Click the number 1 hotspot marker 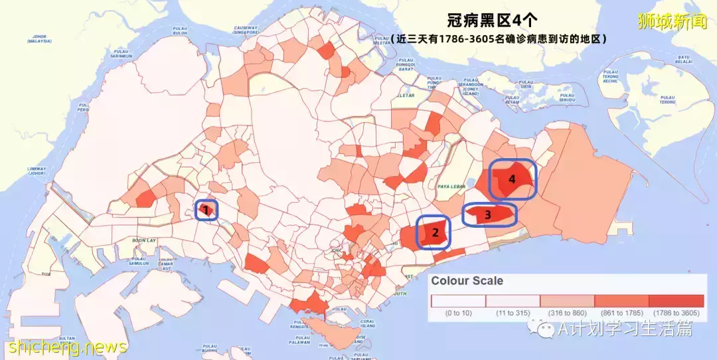(x=206, y=211)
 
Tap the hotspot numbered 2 (x=434, y=232)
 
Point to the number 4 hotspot (x=512, y=179)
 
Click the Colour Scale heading (x=467, y=281)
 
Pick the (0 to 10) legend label (x=458, y=313)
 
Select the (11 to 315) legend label (x=513, y=313)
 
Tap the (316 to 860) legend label (x=567, y=313)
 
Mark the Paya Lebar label (x=449, y=187)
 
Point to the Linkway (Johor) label (x=36, y=169)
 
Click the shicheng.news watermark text (x=64, y=347)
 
